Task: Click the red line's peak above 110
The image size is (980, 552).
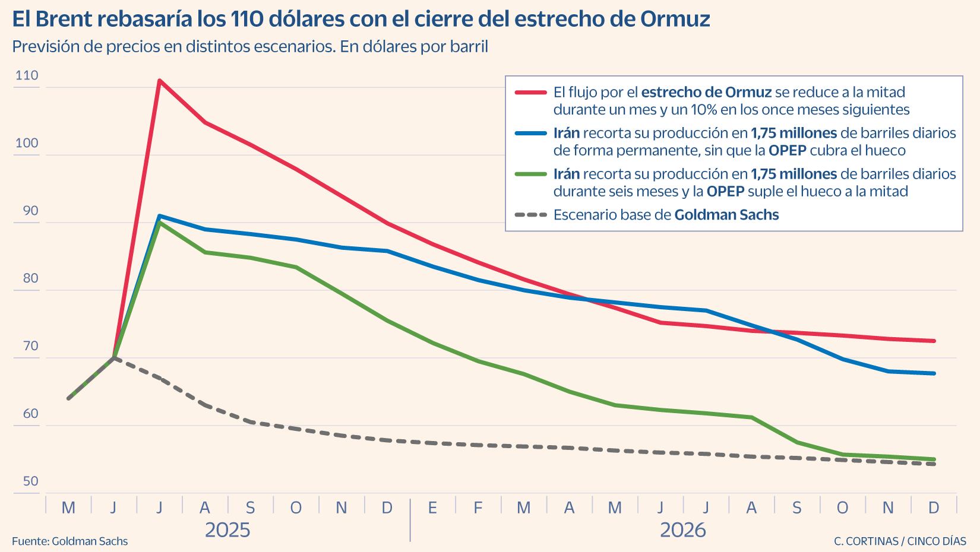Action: [159, 80]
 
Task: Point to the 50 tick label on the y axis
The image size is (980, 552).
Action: [30, 481]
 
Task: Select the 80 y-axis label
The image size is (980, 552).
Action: [30, 278]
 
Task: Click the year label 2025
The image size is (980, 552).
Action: [227, 529]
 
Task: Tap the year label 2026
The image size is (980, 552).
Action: [684, 529]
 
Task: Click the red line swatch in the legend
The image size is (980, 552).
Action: [530, 93]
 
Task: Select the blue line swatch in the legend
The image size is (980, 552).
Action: [530, 133]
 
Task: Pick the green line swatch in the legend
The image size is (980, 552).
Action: [530, 174]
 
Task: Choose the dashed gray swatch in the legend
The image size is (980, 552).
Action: [530, 215]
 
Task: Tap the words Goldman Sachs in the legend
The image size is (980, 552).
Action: [726, 215]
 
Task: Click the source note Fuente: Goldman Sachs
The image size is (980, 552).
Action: [69, 541]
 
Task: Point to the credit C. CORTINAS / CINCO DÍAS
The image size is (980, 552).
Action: [900, 541]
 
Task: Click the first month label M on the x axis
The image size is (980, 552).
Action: [68, 507]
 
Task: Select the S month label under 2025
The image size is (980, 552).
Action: [250, 507]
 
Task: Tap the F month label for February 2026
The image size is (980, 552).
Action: [478, 507]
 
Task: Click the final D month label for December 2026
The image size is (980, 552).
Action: [934, 507]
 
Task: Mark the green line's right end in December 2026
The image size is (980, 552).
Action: [934, 459]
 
